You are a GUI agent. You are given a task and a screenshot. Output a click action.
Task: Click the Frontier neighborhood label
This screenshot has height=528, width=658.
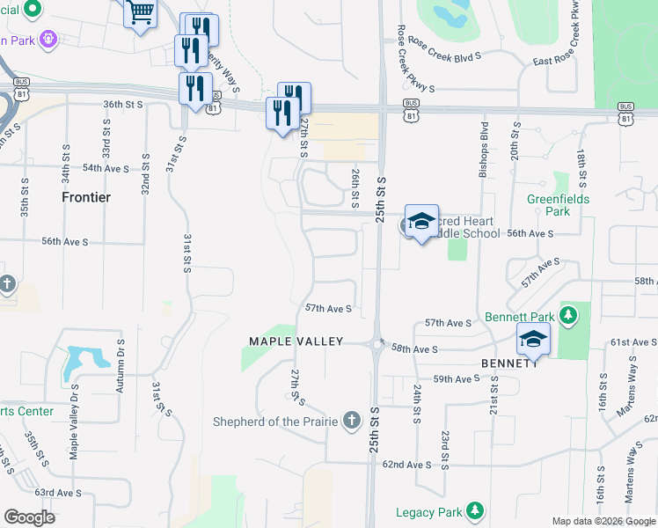click(86, 197)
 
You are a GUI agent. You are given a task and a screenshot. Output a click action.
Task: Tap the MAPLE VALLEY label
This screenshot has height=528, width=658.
click(296, 341)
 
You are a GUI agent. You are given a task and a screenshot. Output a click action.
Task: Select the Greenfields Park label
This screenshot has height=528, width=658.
click(559, 205)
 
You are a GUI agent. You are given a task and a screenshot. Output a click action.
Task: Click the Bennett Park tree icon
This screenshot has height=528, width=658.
click(568, 314)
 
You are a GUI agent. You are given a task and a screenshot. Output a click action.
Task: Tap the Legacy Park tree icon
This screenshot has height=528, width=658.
click(475, 510)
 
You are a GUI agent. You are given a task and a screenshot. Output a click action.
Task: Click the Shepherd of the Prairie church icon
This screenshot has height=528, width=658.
click(352, 420)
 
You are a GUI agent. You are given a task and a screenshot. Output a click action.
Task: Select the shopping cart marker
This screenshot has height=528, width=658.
click(139, 13)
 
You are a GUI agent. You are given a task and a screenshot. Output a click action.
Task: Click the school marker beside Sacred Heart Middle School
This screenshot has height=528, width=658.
click(421, 222)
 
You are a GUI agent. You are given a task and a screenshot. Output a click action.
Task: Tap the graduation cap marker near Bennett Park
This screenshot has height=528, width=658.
click(532, 338)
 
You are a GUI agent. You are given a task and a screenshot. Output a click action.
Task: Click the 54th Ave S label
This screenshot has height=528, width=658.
click(105, 167)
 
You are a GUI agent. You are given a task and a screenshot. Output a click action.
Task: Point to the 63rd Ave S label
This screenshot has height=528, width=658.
click(58, 493)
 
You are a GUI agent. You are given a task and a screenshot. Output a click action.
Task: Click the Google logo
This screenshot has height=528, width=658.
click(29, 517)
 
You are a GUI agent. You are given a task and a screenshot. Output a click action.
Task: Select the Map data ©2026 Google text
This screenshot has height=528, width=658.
click(603, 521)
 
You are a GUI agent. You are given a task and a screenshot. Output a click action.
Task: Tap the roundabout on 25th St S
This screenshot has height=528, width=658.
click(378, 344)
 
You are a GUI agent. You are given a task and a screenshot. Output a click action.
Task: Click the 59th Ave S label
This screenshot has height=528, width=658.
click(457, 379)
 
